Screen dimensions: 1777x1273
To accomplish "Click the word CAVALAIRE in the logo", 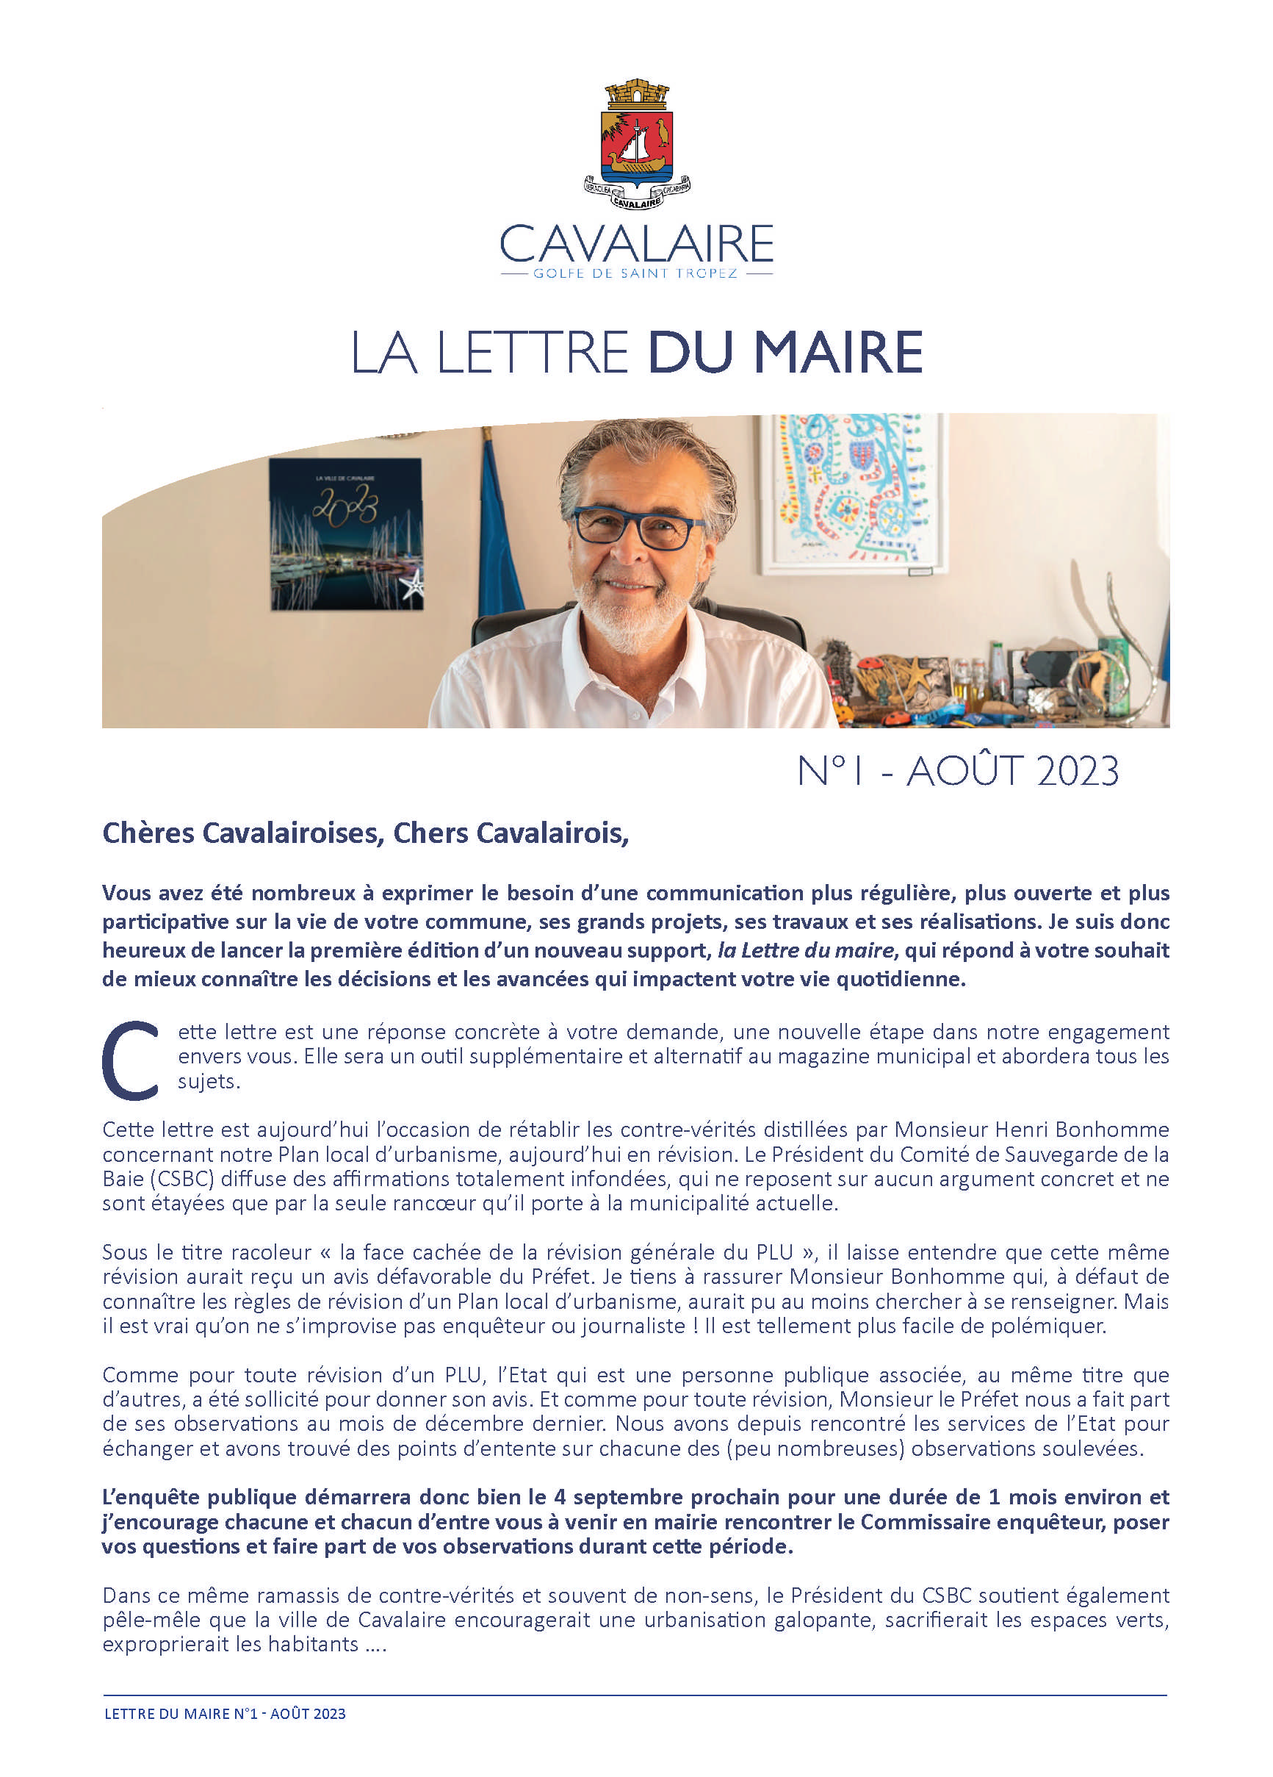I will point(636,244).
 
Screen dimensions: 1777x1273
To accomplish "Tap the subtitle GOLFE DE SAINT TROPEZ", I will point(635,274).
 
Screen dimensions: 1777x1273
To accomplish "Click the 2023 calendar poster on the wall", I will point(345,533).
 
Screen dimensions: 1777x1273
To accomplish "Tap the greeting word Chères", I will point(148,833).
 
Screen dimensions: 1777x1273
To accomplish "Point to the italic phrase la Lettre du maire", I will point(805,950).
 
